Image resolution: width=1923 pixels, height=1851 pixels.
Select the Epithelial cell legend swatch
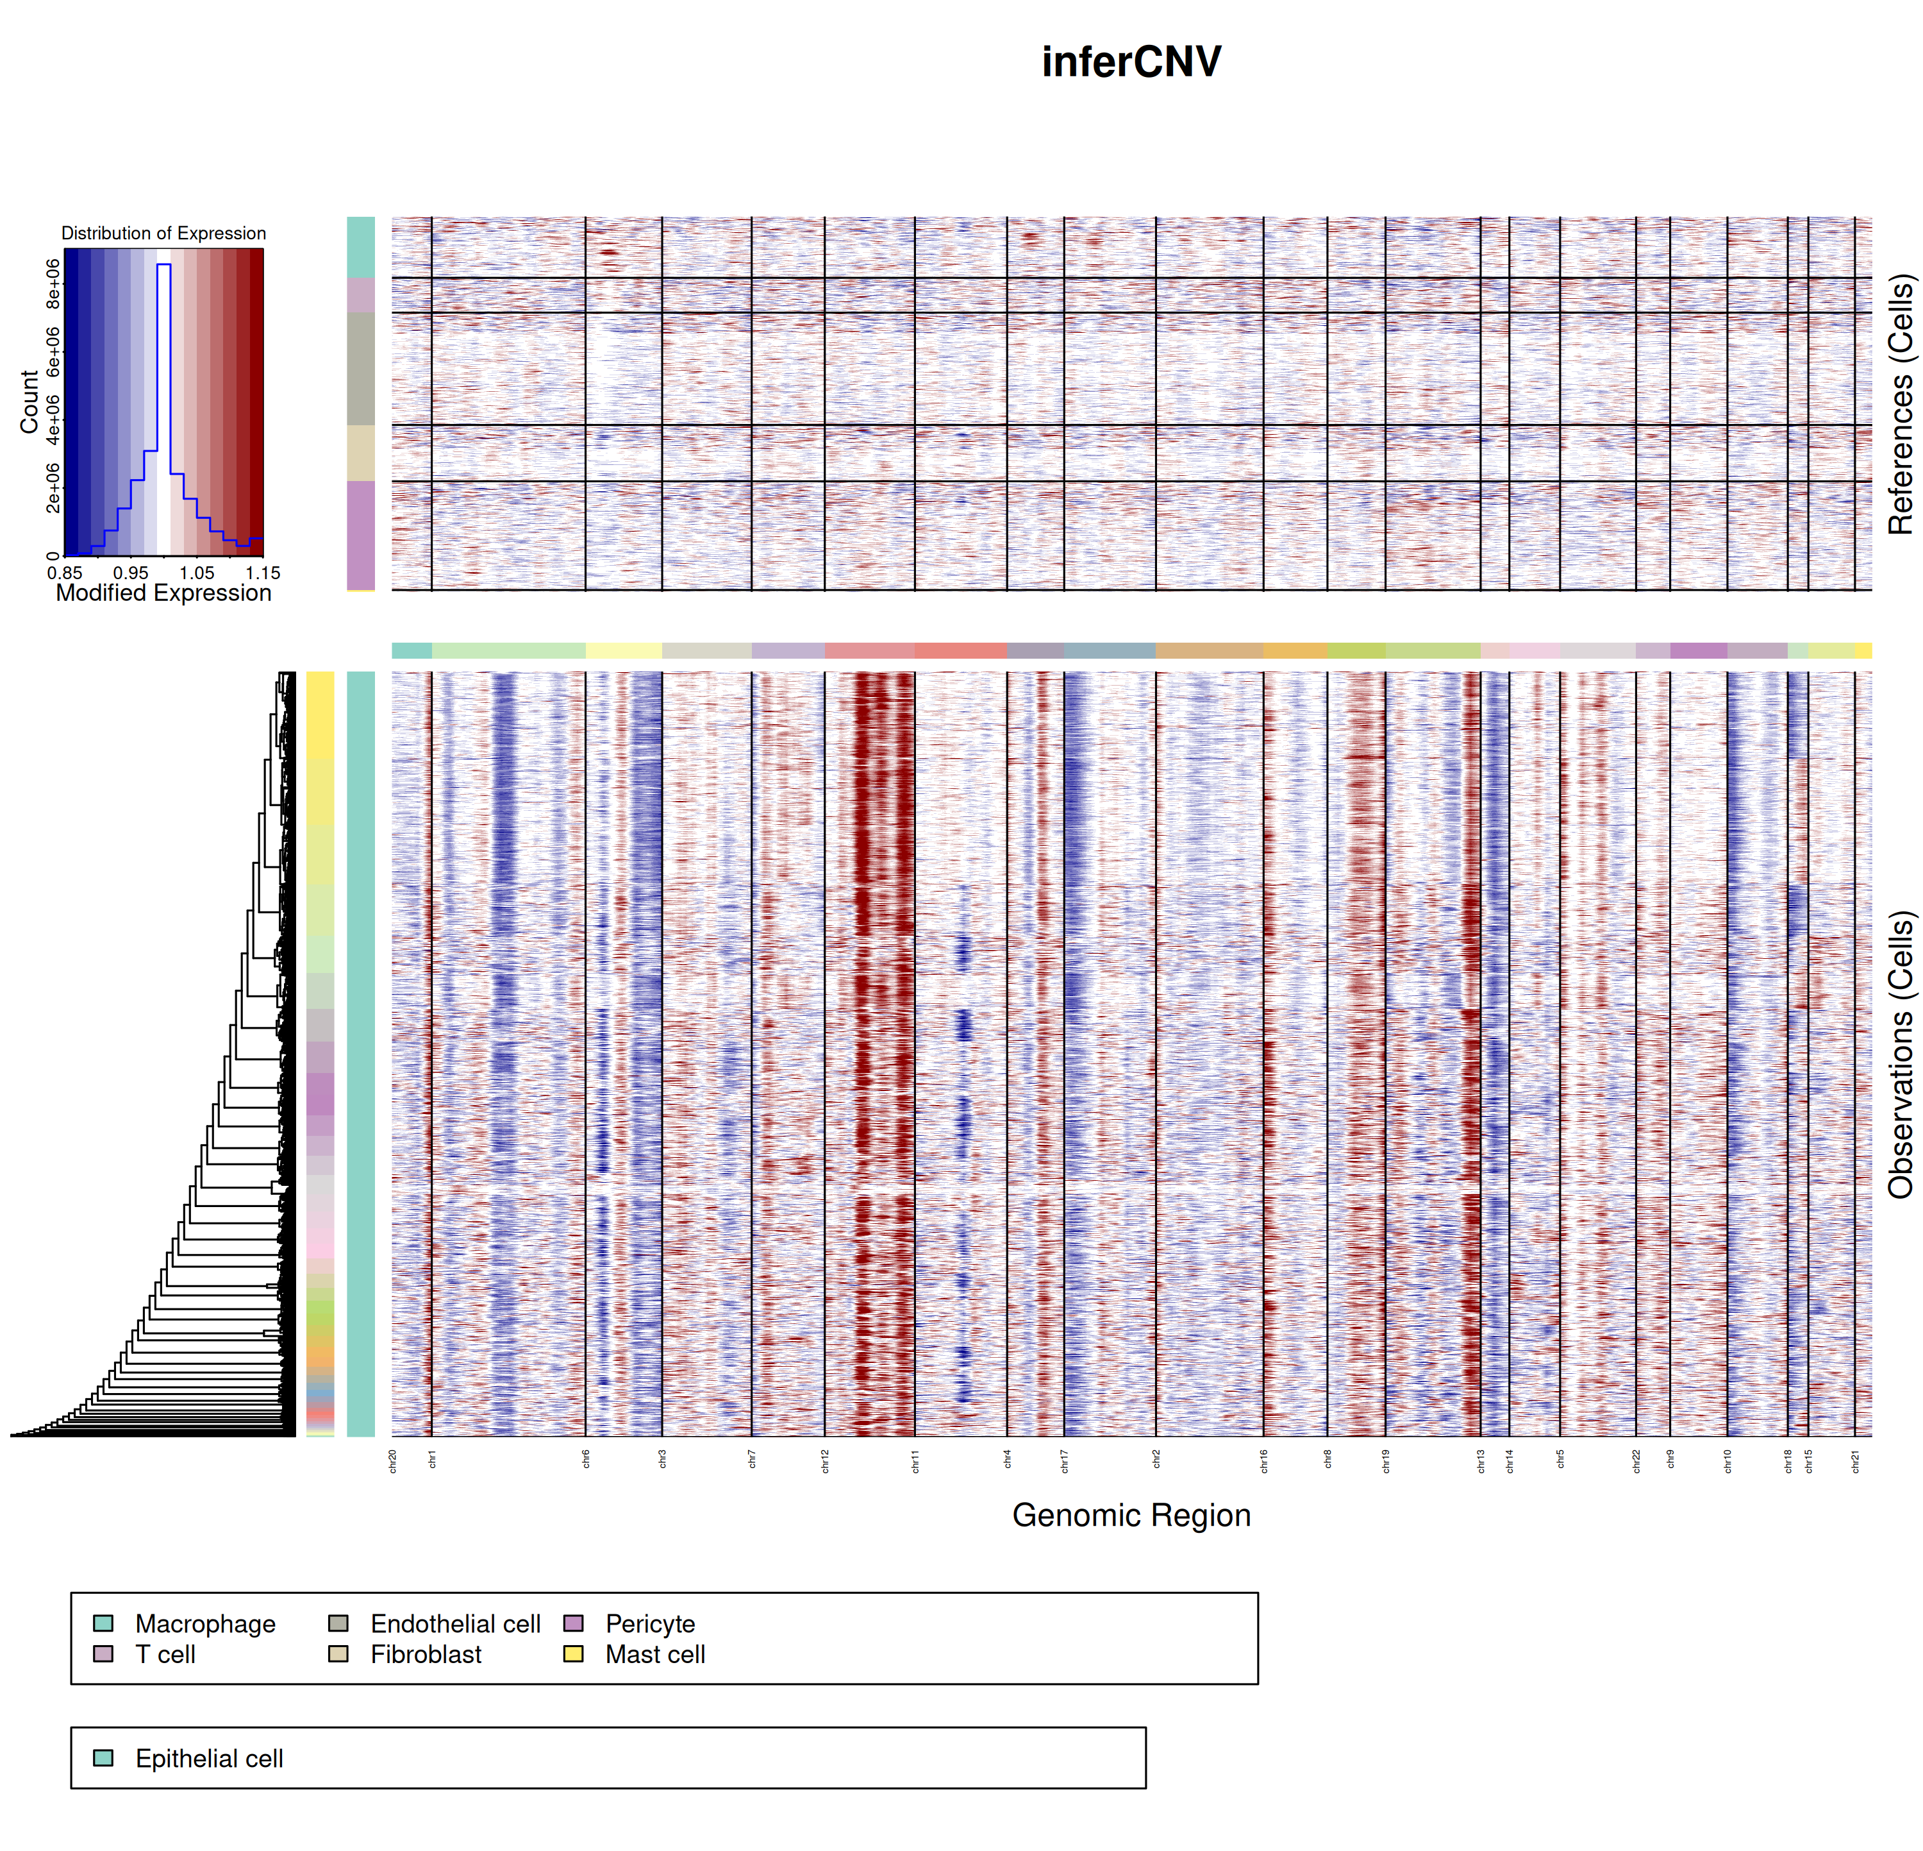[x=103, y=1758]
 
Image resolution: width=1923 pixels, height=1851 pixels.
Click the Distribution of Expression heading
[x=163, y=233]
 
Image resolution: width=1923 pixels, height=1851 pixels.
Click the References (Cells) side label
[x=1901, y=404]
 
